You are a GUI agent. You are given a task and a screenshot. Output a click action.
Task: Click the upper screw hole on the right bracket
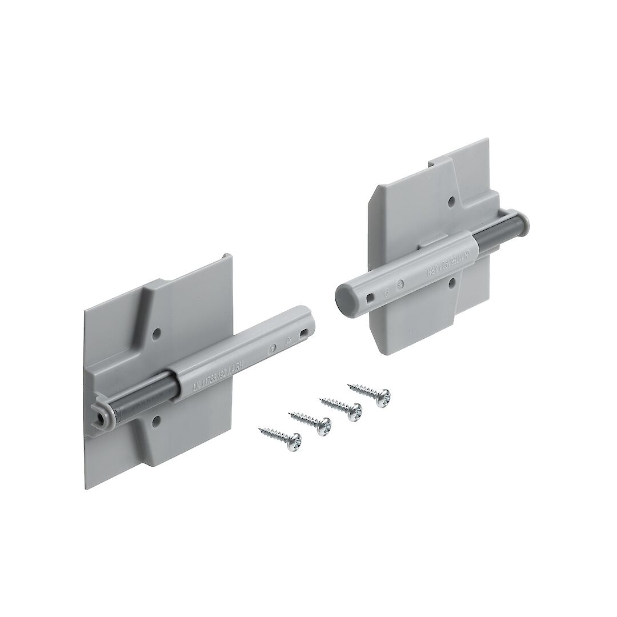click(x=451, y=202)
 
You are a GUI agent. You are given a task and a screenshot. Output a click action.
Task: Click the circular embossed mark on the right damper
click(x=400, y=282)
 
